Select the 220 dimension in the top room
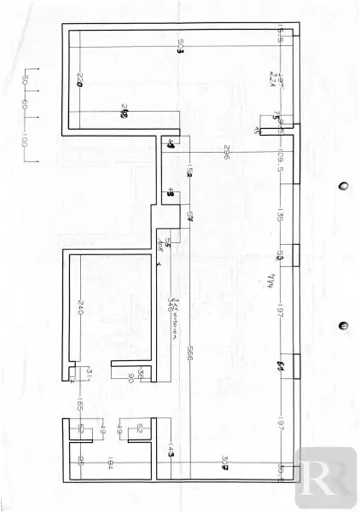pos(79,81)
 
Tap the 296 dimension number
pos(229,154)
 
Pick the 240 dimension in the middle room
pos(79,308)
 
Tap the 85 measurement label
pos(80,464)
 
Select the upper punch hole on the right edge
pos(344,186)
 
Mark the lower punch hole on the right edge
pos(344,325)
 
